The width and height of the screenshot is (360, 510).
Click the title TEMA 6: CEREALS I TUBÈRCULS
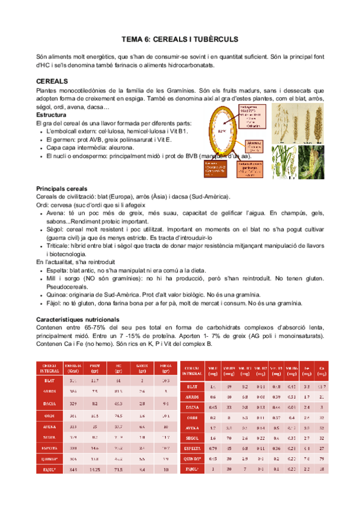click(180, 39)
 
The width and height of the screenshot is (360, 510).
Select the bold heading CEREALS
click(52, 81)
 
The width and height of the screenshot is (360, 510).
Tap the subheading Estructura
click(51, 115)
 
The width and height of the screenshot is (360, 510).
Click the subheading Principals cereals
click(62, 188)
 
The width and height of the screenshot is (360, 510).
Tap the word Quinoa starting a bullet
click(57, 295)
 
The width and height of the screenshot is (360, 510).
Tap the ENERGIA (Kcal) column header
click(73, 368)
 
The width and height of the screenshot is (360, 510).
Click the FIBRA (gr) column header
click(165, 368)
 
